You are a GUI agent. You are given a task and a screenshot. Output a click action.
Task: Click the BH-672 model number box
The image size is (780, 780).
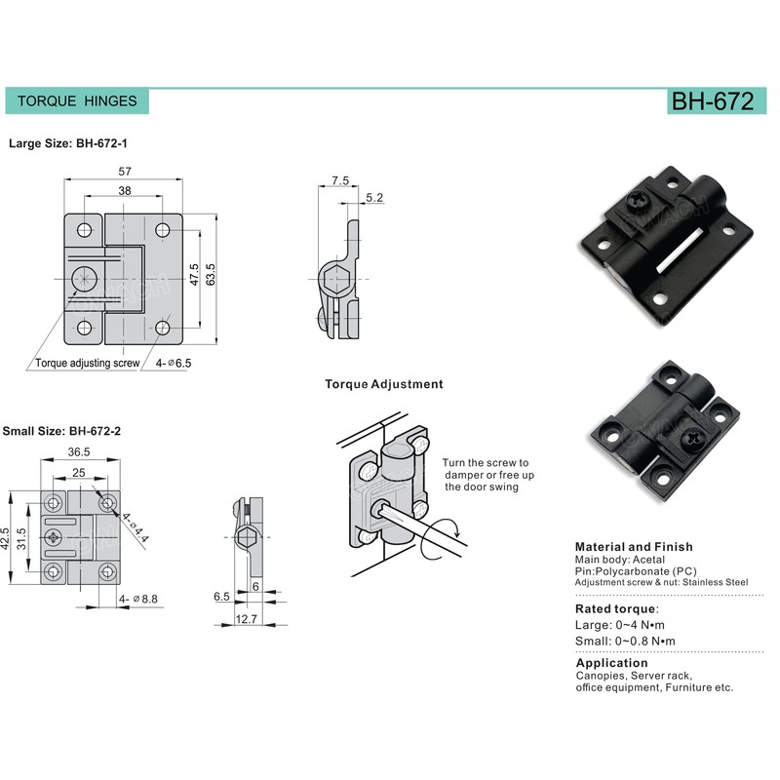tap(712, 101)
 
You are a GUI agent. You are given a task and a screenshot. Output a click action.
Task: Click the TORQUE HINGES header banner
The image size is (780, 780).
tap(78, 100)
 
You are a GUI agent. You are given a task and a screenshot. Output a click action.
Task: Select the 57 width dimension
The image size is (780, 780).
tap(125, 172)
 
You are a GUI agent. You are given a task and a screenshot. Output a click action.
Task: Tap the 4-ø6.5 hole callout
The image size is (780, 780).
tap(174, 363)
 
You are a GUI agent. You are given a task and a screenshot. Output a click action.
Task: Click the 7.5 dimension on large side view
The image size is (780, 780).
tap(339, 181)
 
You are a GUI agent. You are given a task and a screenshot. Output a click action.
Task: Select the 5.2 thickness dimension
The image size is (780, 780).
tap(374, 198)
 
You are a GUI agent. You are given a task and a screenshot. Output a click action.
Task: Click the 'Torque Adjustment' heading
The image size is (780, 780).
tap(384, 384)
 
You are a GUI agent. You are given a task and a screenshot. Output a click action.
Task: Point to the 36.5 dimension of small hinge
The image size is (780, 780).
tap(79, 451)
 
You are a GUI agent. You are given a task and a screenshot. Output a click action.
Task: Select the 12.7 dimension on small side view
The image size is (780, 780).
tap(247, 618)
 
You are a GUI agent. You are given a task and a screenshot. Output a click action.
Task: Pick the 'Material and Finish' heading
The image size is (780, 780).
tap(634, 547)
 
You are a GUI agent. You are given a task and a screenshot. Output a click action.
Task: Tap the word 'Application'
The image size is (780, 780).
tap(611, 663)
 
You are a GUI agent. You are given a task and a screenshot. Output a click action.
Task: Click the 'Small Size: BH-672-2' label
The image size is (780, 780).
tap(61, 430)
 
